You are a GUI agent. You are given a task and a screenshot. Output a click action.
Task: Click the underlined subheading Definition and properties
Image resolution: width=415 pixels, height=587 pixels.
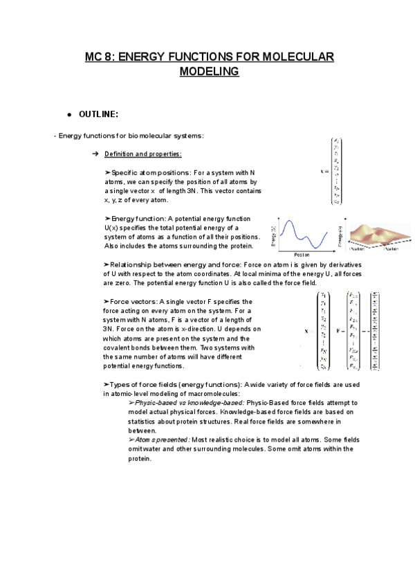pos(142,154)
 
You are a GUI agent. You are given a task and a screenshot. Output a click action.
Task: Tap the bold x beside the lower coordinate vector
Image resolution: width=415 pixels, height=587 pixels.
pos(306,331)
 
